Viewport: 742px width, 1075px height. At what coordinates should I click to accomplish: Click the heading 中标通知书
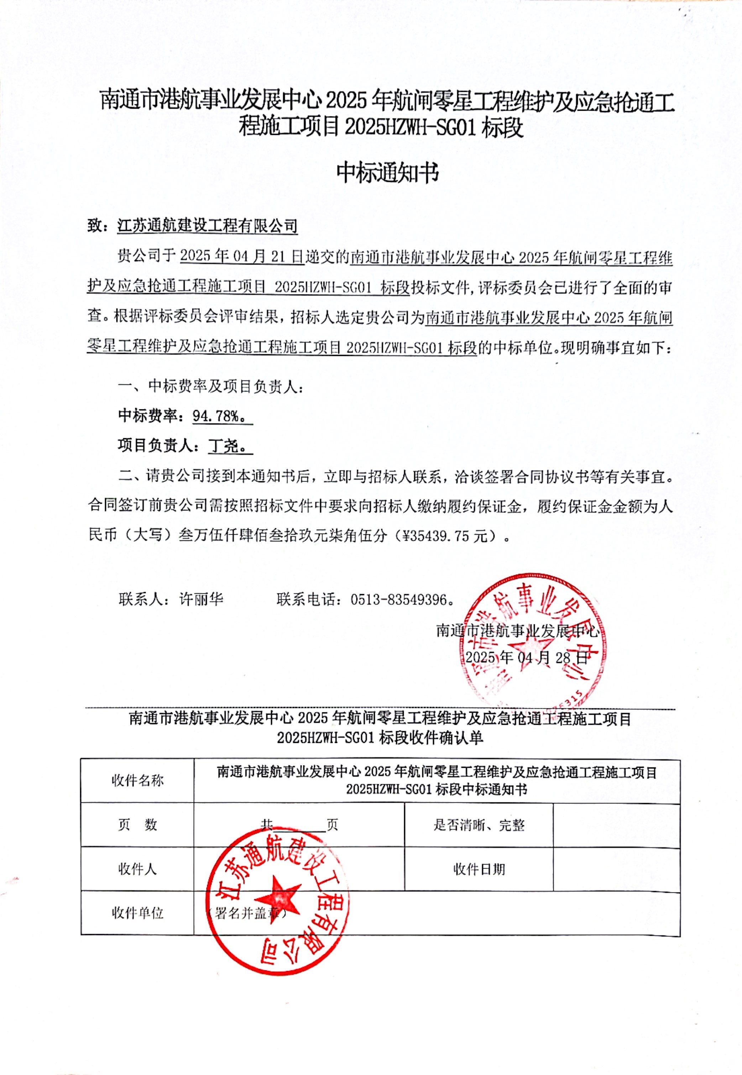388,173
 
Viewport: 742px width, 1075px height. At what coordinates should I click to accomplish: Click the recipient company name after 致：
207,226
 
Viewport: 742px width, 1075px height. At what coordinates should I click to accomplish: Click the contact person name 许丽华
201,599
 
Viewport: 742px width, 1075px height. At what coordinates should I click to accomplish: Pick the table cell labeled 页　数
138,824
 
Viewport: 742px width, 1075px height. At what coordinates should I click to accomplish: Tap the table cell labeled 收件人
138,869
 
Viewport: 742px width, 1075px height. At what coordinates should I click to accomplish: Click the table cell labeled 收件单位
138,913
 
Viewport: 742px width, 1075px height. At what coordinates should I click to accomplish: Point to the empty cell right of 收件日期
616,869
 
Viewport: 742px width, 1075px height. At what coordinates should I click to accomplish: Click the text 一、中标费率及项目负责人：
211,386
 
